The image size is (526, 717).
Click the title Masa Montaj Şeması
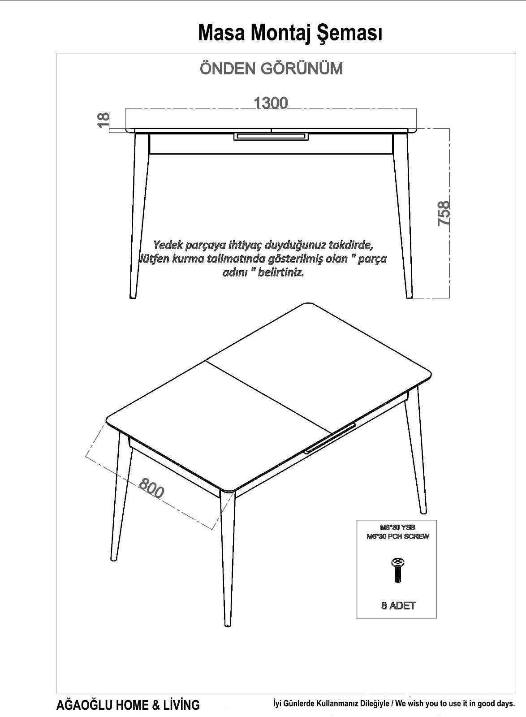click(290, 33)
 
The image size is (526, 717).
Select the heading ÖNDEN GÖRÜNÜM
click(272, 69)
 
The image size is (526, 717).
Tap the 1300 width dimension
click(271, 103)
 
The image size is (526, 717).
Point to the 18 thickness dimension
click(103, 120)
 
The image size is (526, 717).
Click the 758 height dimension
click(444, 213)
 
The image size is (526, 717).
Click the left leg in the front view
click(139, 216)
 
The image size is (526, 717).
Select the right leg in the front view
click(403, 216)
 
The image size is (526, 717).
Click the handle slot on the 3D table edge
click(330, 438)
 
